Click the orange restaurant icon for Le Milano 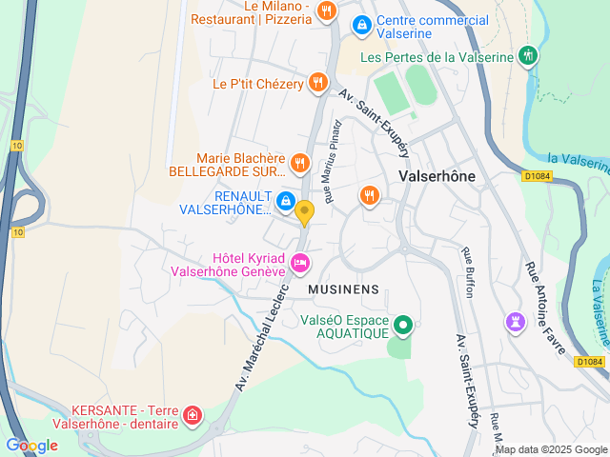point(327,11)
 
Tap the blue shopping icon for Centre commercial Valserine point(361,26)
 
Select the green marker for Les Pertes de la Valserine point(528,56)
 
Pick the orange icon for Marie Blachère point(299,164)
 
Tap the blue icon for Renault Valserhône point(285,201)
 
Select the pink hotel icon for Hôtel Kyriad point(300,262)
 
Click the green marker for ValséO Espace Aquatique point(403,326)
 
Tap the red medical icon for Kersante point(193,415)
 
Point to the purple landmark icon point(516,323)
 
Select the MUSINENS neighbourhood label point(344,289)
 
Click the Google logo point(31,445)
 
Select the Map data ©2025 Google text point(551,450)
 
